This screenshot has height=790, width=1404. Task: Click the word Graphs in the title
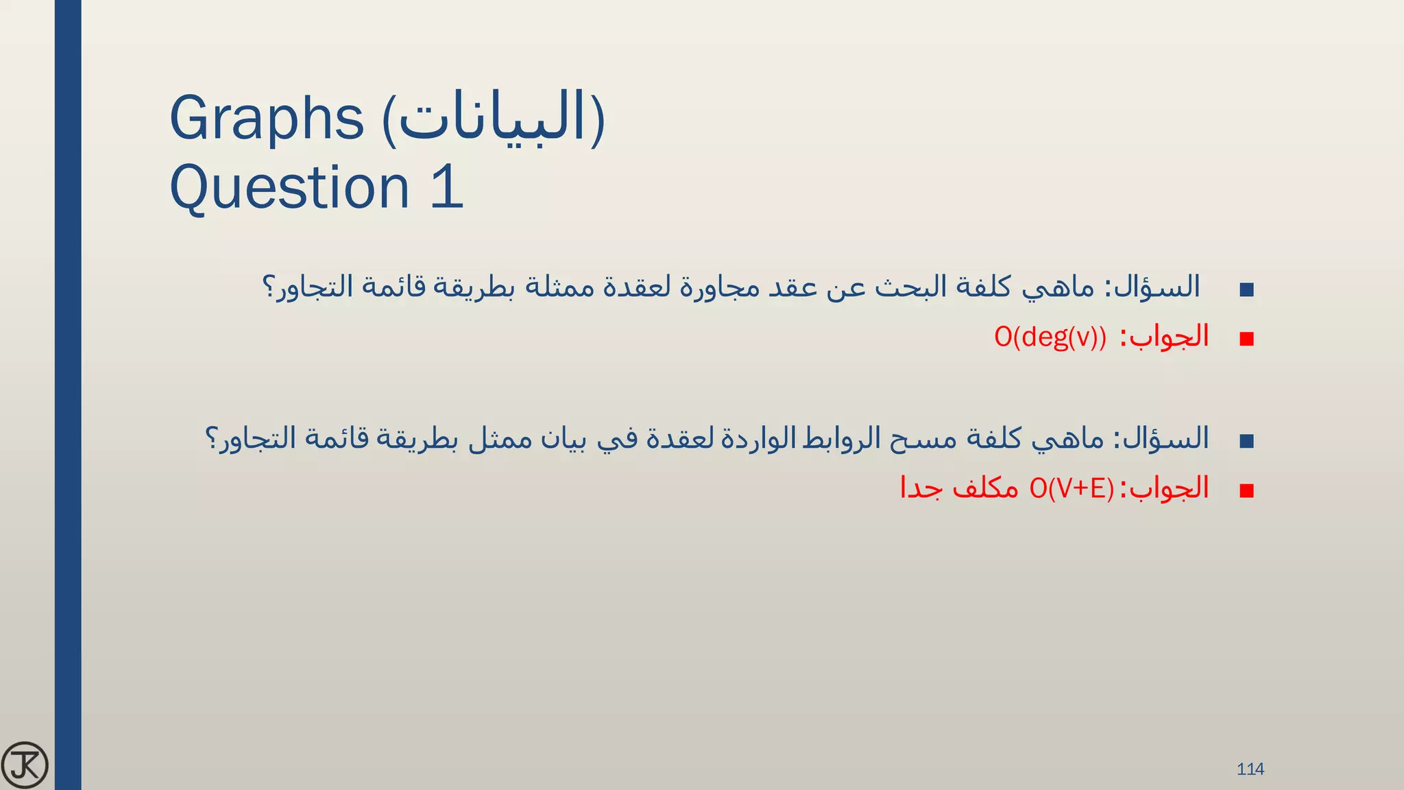pyautogui.click(x=266, y=119)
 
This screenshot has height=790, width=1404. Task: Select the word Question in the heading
pyautogui.click(x=289, y=187)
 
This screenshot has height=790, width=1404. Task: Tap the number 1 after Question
pyautogui.click(x=447, y=187)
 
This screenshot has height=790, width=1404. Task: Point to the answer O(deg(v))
pyautogui.click(x=1050, y=337)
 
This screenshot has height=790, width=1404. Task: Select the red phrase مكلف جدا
pyautogui.click(x=959, y=488)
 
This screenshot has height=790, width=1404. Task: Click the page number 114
pyautogui.click(x=1250, y=769)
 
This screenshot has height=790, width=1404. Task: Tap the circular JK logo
pyautogui.click(x=25, y=765)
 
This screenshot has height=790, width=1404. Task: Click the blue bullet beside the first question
pyautogui.click(x=1247, y=289)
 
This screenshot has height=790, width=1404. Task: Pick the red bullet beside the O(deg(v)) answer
pyautogui.click(x=1247, y=339)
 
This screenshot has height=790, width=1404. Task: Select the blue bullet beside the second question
pyautogui.click(x=1247, y=441)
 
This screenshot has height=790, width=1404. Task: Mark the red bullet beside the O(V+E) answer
pyautogui.click(x=1247, y=490)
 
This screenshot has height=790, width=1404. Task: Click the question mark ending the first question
pyautogui.click(x=269, y=287)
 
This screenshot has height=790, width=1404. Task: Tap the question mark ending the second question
pyautogui.click(x=212, y=438)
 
